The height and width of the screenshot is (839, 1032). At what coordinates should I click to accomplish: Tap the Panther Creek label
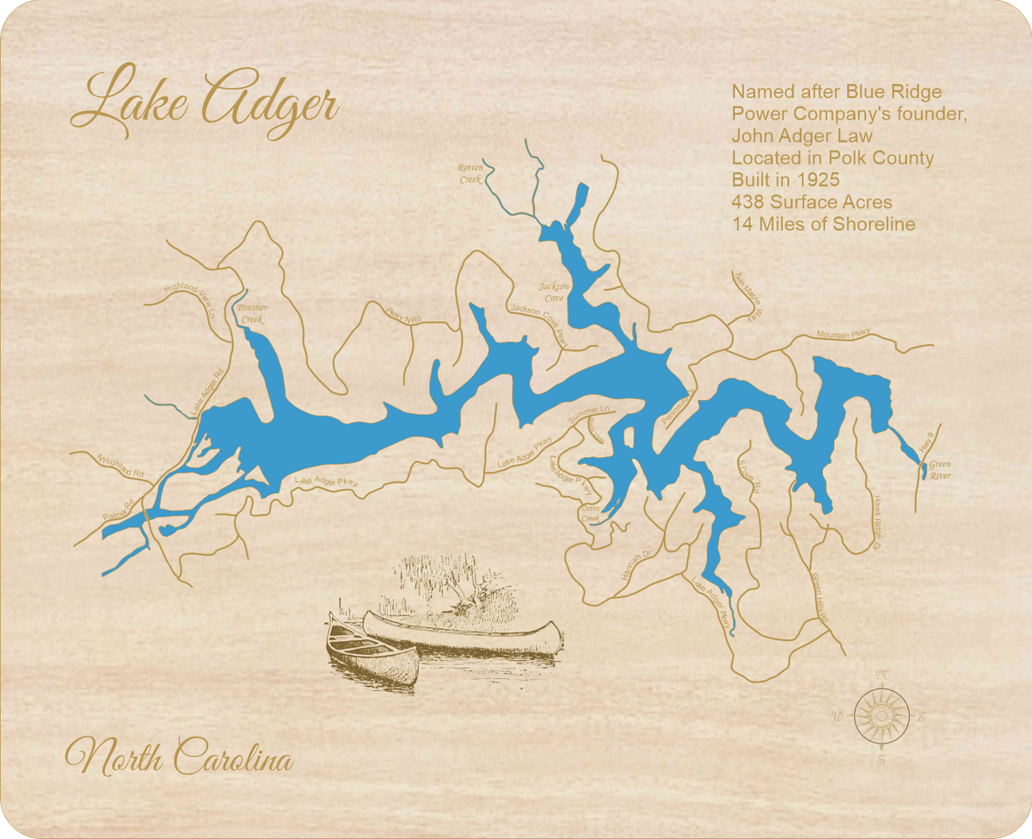[x=252, y=313]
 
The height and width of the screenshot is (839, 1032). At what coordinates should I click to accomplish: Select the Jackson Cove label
[x=551, y=292]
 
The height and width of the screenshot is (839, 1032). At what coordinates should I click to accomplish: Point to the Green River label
[x=940, y=470]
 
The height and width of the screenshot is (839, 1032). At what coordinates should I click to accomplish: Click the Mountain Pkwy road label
[x=844, y=333]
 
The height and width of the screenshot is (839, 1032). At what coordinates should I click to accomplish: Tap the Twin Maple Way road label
[x=747, y=295]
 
